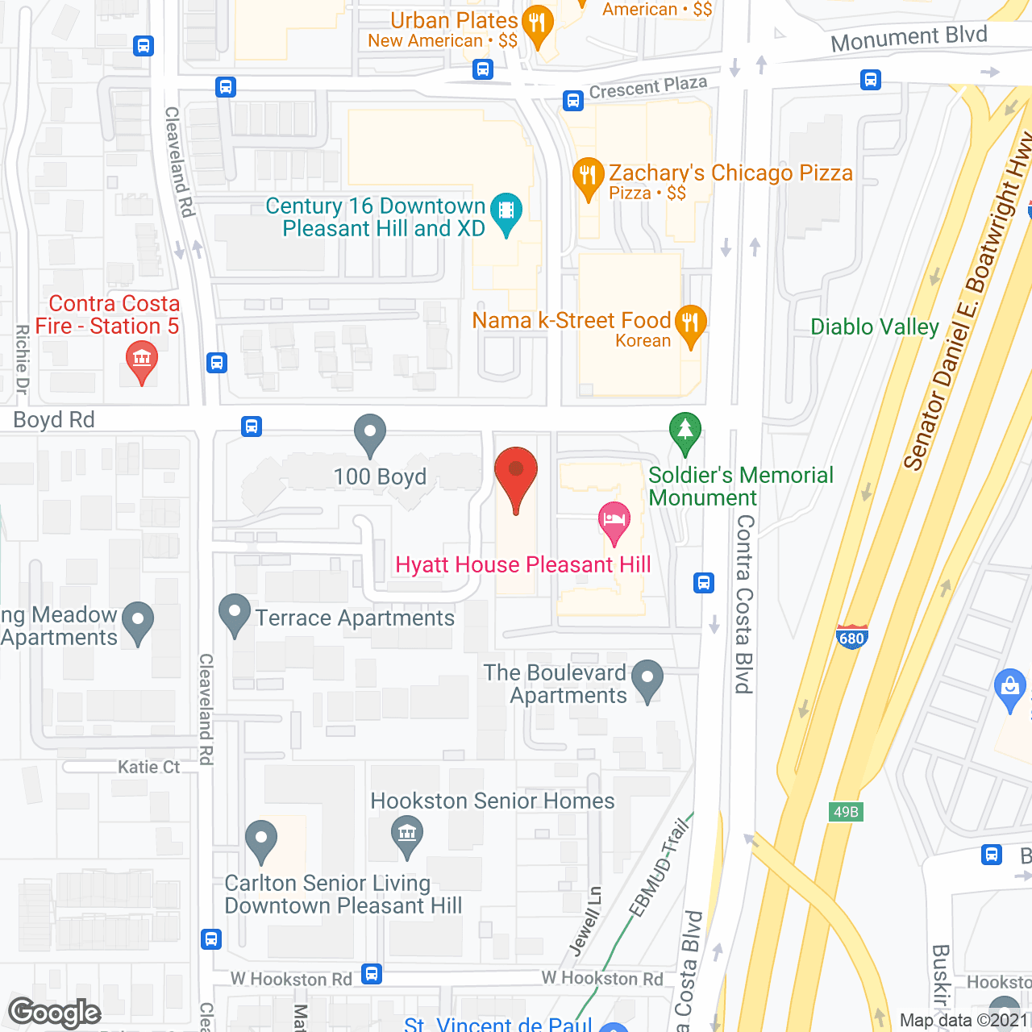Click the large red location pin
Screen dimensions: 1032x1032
[515, 476]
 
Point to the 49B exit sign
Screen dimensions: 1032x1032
[846, 812]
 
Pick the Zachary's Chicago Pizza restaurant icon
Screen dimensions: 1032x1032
[589, 177]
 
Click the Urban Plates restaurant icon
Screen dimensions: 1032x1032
[537, 25]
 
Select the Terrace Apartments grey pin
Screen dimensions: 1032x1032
[235, 614]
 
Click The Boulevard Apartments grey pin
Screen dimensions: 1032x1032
[647, 679]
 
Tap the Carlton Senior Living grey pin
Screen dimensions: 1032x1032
[260, 840]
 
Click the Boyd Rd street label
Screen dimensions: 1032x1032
[54, 420]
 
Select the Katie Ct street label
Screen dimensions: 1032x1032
[149, 767]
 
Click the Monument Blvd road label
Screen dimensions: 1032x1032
[909, 38]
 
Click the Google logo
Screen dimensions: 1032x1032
[55, 1013]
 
